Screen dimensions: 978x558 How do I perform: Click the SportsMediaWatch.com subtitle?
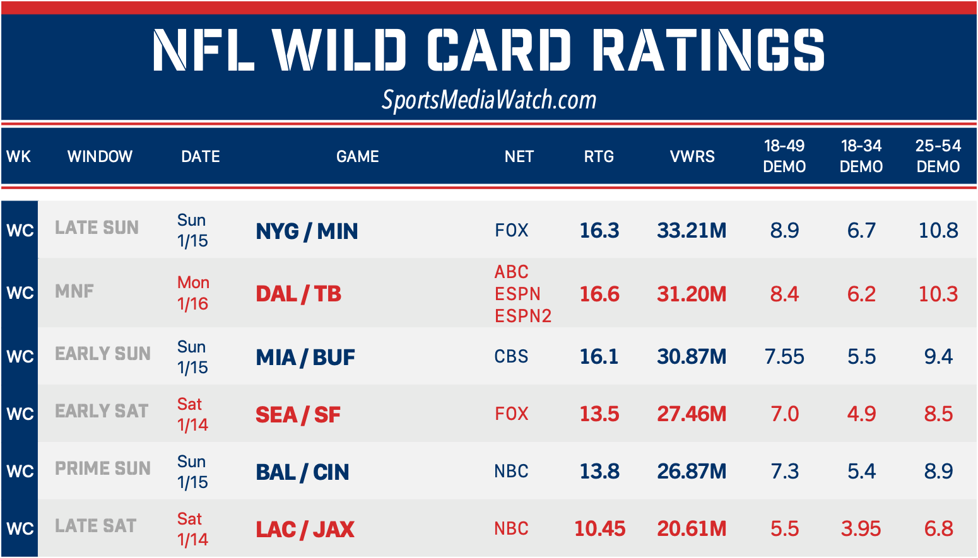pos(489,100)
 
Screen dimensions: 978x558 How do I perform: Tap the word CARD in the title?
pos(498,50)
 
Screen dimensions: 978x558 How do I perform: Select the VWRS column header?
pos(692,156)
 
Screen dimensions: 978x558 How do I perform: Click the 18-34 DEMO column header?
pos(861,156)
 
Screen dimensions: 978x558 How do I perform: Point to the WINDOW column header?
pos(100,156)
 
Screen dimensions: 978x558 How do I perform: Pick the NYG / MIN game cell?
pos(307,231)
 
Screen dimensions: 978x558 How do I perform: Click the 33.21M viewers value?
pos(692,230)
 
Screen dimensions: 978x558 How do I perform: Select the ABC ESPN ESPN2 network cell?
pos(522,294)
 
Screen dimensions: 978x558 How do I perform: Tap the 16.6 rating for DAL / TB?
pos(599,294)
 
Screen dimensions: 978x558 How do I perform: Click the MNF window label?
pos(74,291)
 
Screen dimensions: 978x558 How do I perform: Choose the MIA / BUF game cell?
pos(305,357)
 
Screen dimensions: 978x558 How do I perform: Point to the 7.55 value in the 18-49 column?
pos(784,356)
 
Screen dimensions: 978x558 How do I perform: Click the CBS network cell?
pos(511,356)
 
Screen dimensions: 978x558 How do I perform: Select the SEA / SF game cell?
pos(298,414)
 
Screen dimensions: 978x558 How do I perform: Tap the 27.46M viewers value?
pos(692,414)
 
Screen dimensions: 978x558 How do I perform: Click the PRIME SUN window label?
pos(103,468)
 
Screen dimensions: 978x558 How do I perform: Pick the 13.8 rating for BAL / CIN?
pos(599,471)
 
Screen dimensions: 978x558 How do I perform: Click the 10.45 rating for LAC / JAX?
pos(600,528)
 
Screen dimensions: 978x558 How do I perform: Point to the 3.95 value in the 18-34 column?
pos(861,528)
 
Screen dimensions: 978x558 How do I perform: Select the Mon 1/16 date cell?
pos(193,293)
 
